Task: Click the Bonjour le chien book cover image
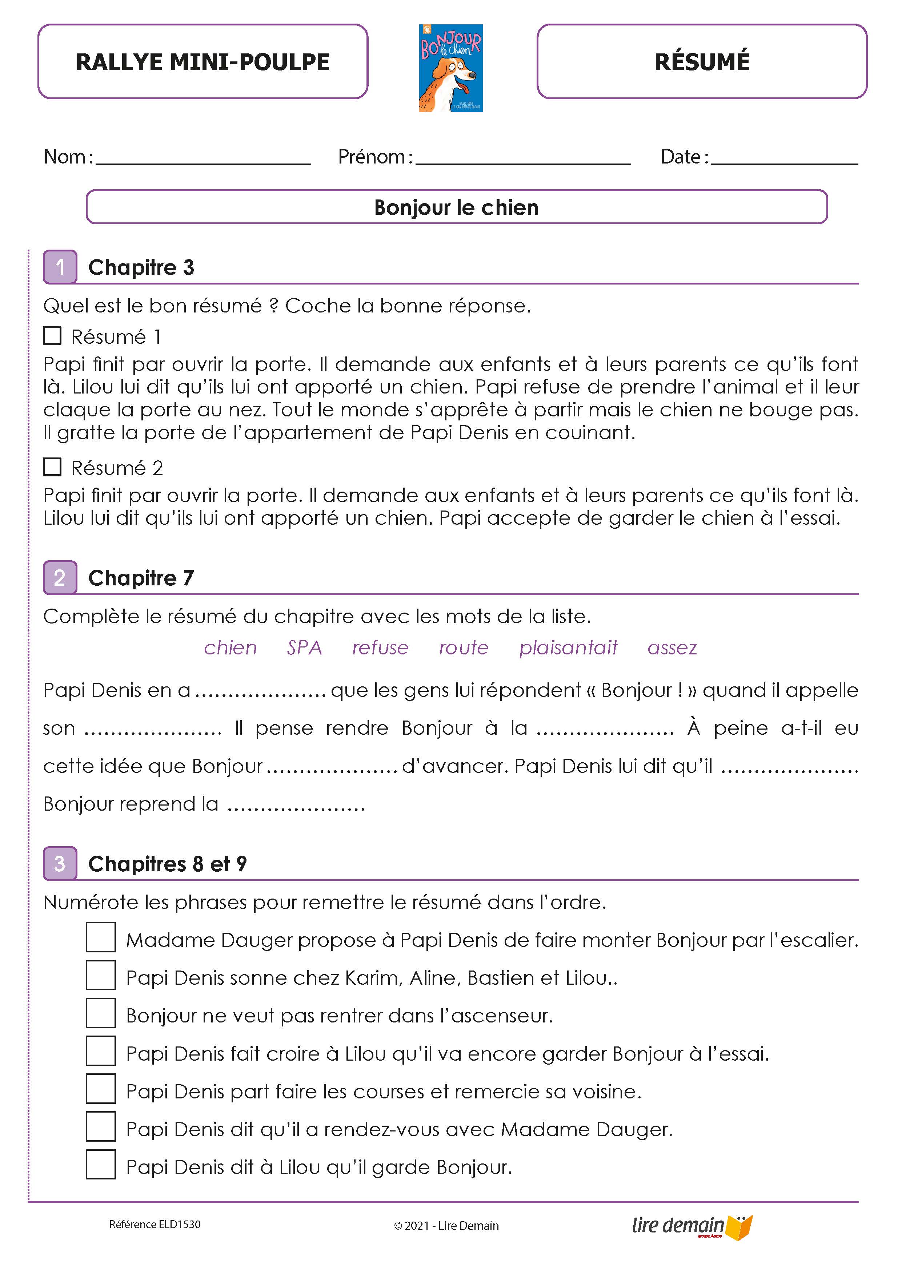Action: (450, 68)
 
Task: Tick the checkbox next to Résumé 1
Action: (52, 336)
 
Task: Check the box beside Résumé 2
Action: (52, 467)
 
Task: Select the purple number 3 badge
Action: (60, 863)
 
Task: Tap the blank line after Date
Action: (784, 162)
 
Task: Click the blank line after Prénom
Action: (523, 162)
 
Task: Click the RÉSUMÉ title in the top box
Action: (702, 62)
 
